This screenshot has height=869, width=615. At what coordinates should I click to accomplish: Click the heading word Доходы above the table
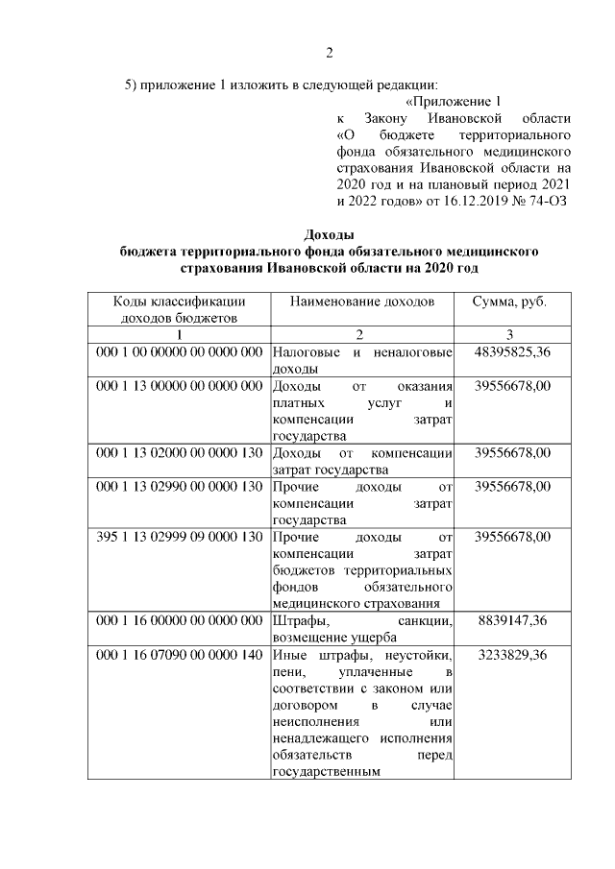(x=329, y=234)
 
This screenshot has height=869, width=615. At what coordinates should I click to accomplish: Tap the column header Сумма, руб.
(x=509, y=302)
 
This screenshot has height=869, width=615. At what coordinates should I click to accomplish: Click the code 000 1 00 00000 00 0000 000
(x=180, y=352)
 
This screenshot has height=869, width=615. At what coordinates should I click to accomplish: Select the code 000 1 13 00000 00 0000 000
(x=180, y=386)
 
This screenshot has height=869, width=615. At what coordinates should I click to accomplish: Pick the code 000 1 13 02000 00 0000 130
(x=180, y=452)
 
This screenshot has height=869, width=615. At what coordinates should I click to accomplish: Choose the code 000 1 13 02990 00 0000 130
(x=180, y=486)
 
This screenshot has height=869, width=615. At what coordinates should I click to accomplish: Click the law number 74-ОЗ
(x=545, y=201)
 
